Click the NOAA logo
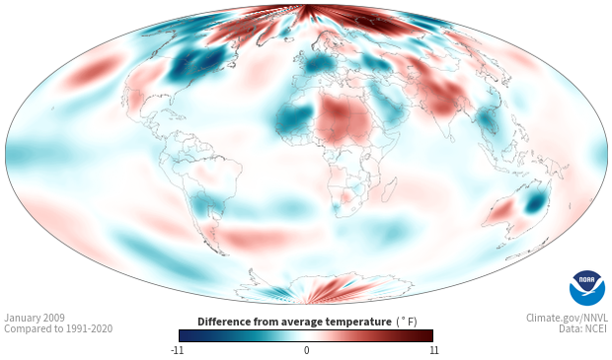coord(587,288)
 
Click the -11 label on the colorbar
coord(178,350)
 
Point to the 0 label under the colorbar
coord(306,350)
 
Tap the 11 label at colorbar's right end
coord(433,350)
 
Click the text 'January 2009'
coord(35,318)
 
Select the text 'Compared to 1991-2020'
coord(58,328)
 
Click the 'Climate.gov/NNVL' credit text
coord(567,318)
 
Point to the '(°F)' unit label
coord(407,323)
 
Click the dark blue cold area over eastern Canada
coord(197,62)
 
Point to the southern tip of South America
coord(224,254)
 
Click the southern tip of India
coord(451,140)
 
